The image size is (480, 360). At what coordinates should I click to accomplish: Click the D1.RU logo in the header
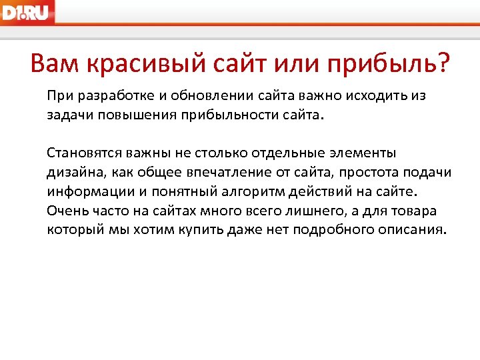point(27,11)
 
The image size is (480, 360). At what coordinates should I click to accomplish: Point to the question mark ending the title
point(441,65)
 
